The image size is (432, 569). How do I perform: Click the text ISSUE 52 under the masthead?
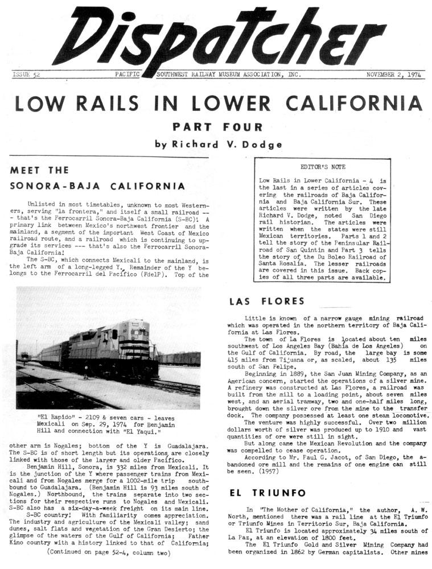[26, 75]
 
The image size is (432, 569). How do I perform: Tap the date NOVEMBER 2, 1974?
[393, 75]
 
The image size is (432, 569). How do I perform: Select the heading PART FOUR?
[218, 126]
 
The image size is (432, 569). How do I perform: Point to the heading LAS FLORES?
[259, 301]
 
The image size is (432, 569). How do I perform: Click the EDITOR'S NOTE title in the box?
[323, 167]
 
